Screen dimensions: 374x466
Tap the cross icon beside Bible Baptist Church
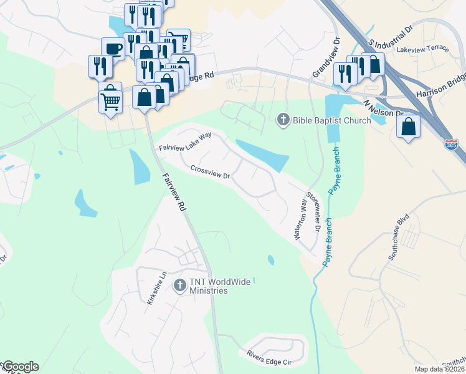pos(283,119)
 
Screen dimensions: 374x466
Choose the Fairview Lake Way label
pos(185,143)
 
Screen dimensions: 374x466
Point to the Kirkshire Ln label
pos(156,288)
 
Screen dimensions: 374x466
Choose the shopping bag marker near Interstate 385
pos(408,127)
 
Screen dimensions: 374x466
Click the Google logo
pos(21,367)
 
